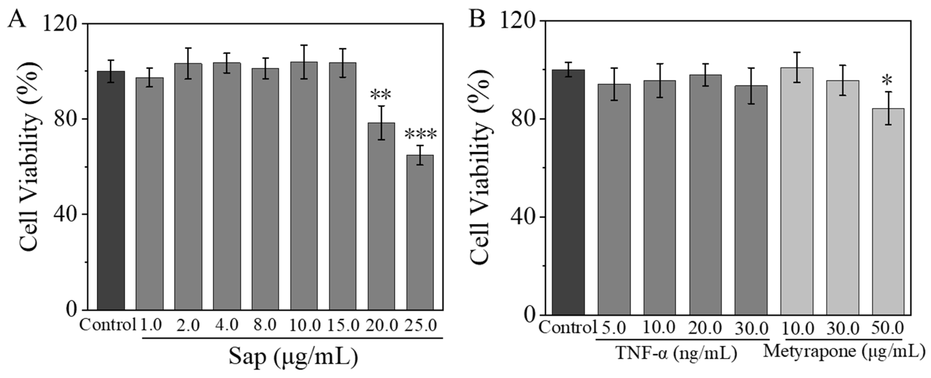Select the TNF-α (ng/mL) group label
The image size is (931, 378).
676,353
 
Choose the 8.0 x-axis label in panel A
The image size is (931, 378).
265,325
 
